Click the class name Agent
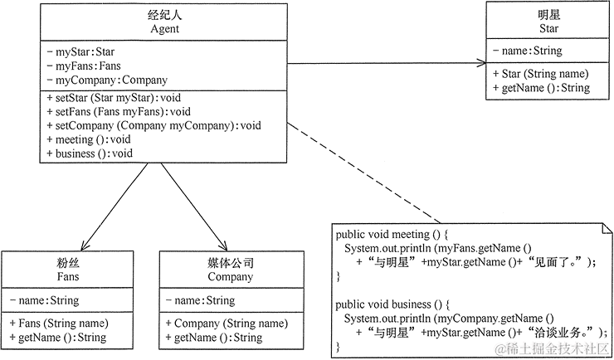click(166, 30)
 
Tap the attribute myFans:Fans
click(84, 66)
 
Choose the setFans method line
click(119, 112)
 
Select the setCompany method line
click(153, 126)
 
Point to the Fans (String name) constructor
click(59, 323)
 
